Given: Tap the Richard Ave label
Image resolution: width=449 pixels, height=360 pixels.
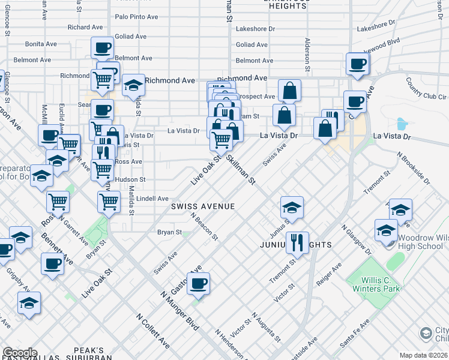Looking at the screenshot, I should point(85,27).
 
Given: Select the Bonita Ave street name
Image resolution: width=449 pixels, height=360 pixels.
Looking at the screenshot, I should point(41,44).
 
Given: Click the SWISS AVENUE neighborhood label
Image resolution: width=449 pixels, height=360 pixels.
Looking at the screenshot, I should point(202,206).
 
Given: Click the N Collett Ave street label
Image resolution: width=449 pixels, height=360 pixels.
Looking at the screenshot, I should point(152,330).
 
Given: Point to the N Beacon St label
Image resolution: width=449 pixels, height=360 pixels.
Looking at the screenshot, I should point(204,227).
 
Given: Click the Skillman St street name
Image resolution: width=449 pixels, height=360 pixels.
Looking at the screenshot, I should point(241,170).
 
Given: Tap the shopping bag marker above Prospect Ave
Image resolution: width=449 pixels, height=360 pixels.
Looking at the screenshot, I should point(289,91).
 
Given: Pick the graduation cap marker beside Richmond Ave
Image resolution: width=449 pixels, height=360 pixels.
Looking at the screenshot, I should point(133,85).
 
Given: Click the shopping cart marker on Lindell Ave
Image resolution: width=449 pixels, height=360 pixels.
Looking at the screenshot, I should point(109,202).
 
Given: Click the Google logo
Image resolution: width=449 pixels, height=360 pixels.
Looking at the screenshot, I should point(20,353).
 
